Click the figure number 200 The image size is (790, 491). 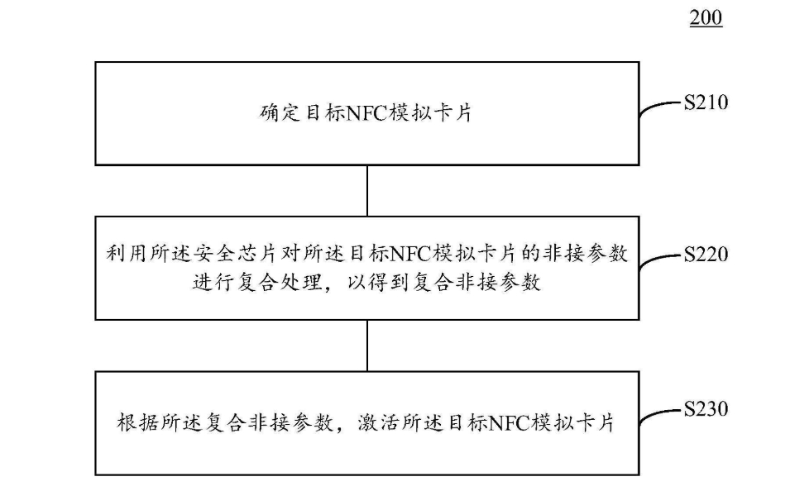[x=706, y=18]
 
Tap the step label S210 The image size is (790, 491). [x=706, y=102]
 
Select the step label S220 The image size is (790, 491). [x=706, y=255]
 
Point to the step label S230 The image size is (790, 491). [x=706, y=408]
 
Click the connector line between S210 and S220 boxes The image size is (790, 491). [x=367, y=191]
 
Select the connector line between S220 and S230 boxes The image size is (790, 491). [x=367, y=346]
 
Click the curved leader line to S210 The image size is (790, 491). [x=655, y=106]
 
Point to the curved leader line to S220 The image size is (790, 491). [x=655, y=259]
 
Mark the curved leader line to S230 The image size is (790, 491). [x=655, y=414]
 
